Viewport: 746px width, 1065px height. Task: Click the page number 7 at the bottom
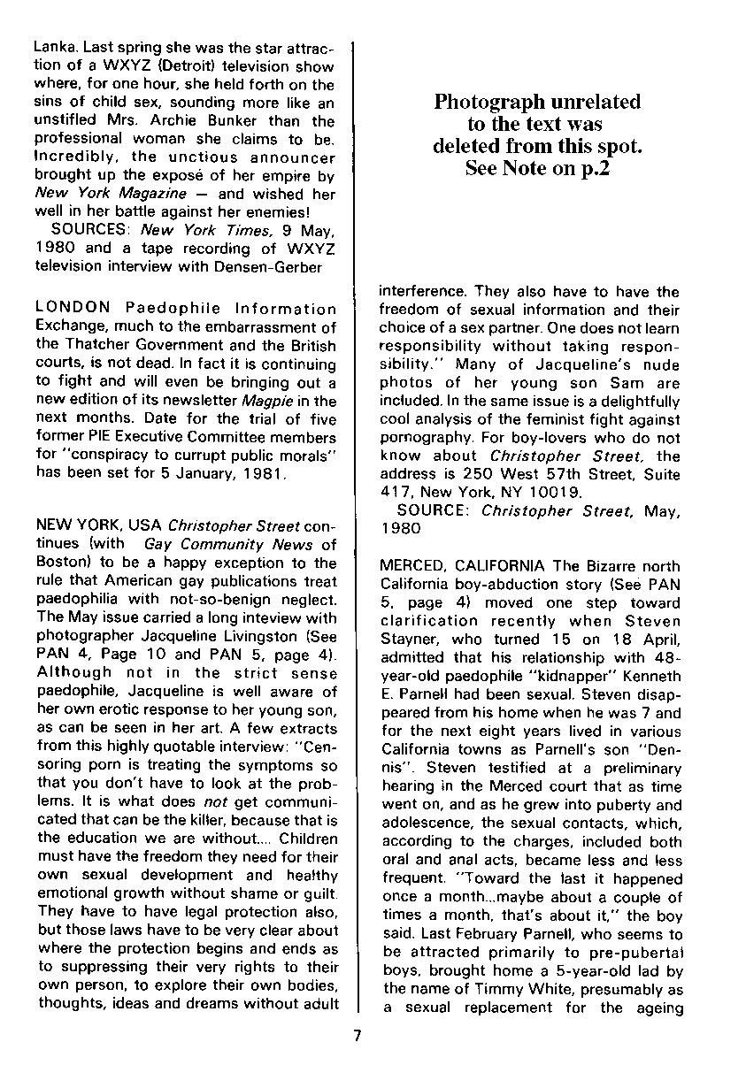[358, 1036]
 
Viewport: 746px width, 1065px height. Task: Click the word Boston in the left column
[58, 563]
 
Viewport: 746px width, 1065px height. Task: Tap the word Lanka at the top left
[55, 28]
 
